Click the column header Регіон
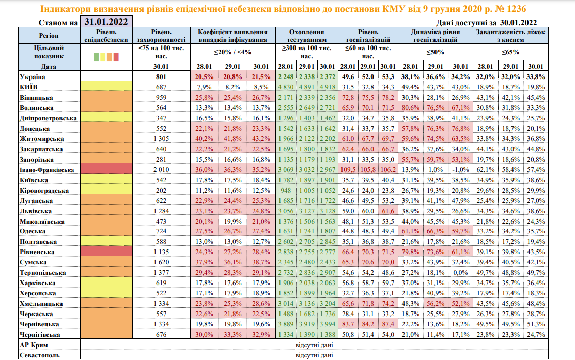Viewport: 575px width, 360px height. click(49, 35)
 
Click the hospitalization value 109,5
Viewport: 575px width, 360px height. click(348, 170)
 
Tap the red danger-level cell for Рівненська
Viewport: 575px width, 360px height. click(106, 253)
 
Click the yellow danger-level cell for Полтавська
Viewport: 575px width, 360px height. click(106, 242)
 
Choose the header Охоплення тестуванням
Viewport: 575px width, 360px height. click(307, 35)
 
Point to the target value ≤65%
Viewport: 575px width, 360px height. click(510, 52)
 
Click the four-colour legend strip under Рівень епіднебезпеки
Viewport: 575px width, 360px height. click(106, 57)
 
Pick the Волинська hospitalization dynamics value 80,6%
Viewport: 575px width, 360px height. click(410, 108)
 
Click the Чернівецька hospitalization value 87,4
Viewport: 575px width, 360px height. click(386, 324)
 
